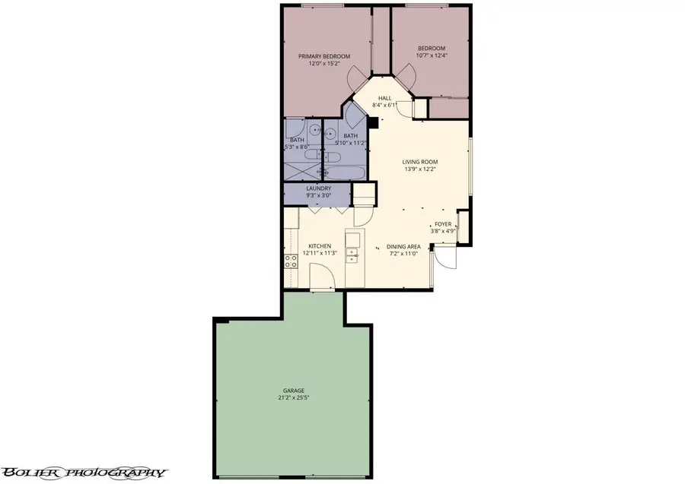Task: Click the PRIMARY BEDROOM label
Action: tap(324, 56)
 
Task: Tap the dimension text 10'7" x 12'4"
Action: tap(432, 55)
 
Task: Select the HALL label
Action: tap(385, 98)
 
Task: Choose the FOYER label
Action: tap(443, 224)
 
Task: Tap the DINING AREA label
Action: tap(403, 246)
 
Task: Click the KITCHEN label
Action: tap(319, 245)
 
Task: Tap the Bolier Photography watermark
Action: tap(83, 472)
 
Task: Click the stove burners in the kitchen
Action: tap(290, 262)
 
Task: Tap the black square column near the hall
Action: tap(373, 121)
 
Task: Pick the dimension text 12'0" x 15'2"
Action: tap(324, 65)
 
